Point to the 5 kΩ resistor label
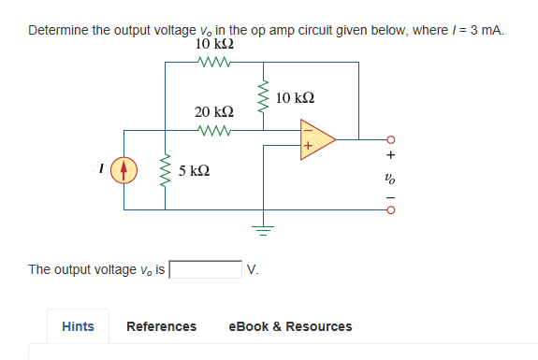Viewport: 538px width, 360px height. [194, 171]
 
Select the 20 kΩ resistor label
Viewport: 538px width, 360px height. [214, 112]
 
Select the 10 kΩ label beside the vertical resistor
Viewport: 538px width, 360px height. [297, 98]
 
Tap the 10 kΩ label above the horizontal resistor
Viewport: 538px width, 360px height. [214, 45]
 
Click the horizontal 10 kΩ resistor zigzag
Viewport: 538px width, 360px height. [214, 63]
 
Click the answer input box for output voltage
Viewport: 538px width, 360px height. [205, 270]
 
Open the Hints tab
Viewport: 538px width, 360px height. [78, 326]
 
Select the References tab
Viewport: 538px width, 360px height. [161, 326]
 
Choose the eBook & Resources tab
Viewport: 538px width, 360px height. [290, 326]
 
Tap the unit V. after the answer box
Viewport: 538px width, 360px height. [252, 270]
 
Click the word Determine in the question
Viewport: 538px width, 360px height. [57, 30]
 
